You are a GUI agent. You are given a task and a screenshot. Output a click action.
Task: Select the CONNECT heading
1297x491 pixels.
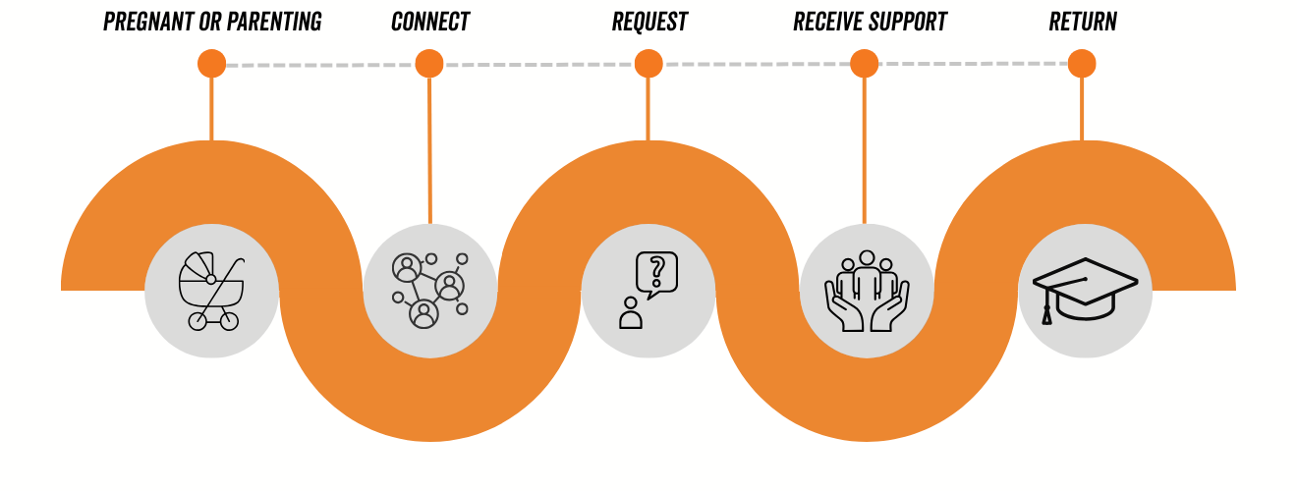coord(430,22)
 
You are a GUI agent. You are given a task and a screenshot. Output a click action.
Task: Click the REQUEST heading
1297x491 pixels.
coord(649,22)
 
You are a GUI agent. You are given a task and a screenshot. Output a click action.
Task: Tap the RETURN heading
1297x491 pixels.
coord(1083,22)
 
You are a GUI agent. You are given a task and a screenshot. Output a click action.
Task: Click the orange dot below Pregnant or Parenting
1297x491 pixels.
coord(211,64)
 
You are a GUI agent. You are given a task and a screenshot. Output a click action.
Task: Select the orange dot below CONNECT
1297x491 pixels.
coord(429,64)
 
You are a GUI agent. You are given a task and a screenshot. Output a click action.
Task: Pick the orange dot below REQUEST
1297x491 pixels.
coord(648,64)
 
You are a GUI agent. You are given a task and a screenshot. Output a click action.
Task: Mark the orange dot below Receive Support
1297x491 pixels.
coord(865,64)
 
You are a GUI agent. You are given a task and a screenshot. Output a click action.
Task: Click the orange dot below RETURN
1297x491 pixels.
coord(1082,64)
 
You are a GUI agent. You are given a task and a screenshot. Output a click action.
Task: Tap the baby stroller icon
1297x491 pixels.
coord(211,290)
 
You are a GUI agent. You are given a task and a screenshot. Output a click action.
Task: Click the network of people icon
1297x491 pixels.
coord(429,291)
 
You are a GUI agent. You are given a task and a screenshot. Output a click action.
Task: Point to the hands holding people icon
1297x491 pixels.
coord(867,291)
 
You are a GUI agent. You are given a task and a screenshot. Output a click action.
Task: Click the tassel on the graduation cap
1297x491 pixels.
coord(1047,314)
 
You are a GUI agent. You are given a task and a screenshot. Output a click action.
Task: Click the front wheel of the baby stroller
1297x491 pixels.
coord(229,320)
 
